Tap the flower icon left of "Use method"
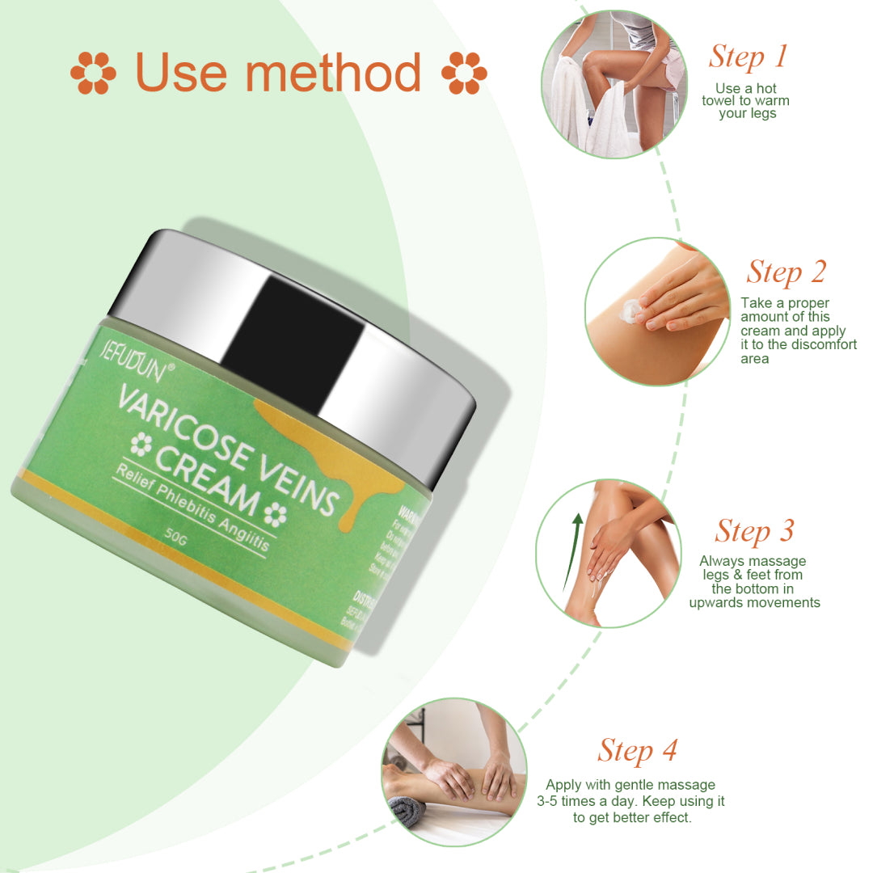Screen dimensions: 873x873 (93, 74)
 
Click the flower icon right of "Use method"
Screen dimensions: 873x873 (464, 74)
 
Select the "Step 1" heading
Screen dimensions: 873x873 (748, 57)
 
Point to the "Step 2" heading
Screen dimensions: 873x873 (786, 272)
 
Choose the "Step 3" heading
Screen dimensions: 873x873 (754, 531)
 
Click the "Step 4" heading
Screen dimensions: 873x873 (637, 750)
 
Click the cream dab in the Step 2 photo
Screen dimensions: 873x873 (630, 311)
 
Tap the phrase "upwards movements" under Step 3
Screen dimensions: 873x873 (754, 602)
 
